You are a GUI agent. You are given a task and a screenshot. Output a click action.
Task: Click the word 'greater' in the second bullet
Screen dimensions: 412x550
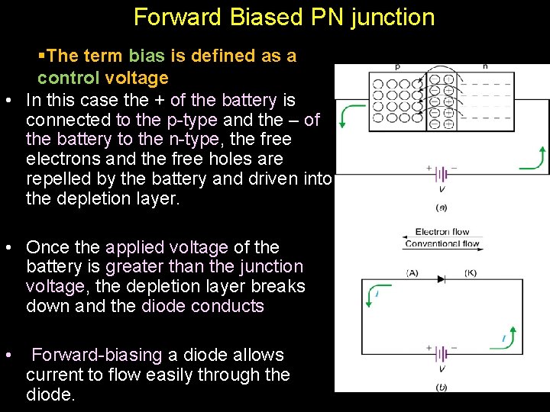pos(139,267)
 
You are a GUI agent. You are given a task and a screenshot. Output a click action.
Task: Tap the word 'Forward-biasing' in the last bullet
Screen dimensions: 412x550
pos(97,355)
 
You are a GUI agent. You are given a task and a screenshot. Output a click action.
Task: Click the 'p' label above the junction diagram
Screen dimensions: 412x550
pos(397,67)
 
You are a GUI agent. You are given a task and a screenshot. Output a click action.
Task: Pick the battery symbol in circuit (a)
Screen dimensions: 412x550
pos(441,173)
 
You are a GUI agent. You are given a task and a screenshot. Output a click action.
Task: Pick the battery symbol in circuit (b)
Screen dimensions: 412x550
pos(441,353)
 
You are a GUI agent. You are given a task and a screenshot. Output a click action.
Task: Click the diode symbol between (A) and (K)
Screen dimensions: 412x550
pos(441,279)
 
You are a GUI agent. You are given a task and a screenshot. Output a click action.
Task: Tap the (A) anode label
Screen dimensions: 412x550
pos(412,272)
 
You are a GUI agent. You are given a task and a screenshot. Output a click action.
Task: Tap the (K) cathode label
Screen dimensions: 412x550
pos(471,272)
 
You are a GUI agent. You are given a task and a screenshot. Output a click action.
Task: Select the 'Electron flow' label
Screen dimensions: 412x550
pos(442,232)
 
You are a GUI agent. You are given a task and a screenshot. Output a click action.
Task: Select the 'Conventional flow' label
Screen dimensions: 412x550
pos(442,244)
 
